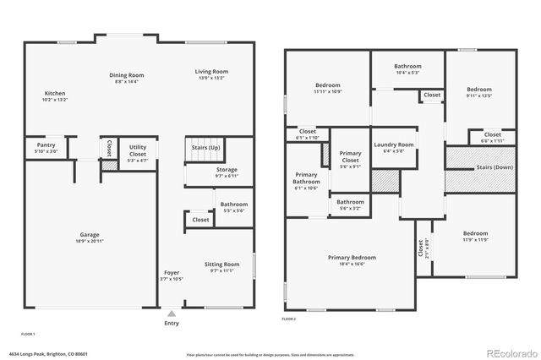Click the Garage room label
coord(90,234)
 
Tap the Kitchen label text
coord(54,94)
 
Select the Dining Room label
coord(125,75)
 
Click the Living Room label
coord(211,72)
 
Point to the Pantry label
coord(46,145)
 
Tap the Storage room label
coord(227,169)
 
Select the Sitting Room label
coord(221,265)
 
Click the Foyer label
coord(172,272)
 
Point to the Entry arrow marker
coord(172,314)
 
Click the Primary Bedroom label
coord(352,257)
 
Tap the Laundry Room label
coord(394,145)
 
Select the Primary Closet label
coord(350,156)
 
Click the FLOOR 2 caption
coord(288,319)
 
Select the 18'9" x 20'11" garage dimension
coord(90,242)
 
